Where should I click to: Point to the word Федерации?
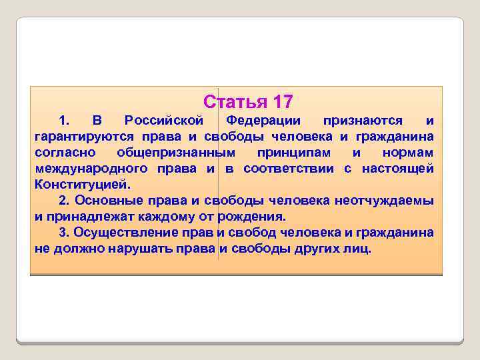click(x=263, y=121)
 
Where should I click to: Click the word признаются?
click(x=363, y=121)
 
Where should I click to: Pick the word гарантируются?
click(x=76, y=137)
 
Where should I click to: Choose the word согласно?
click(x=61, y=153)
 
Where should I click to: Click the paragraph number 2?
click(x=63, y=201)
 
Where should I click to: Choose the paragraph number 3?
click(x=63, y=233)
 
